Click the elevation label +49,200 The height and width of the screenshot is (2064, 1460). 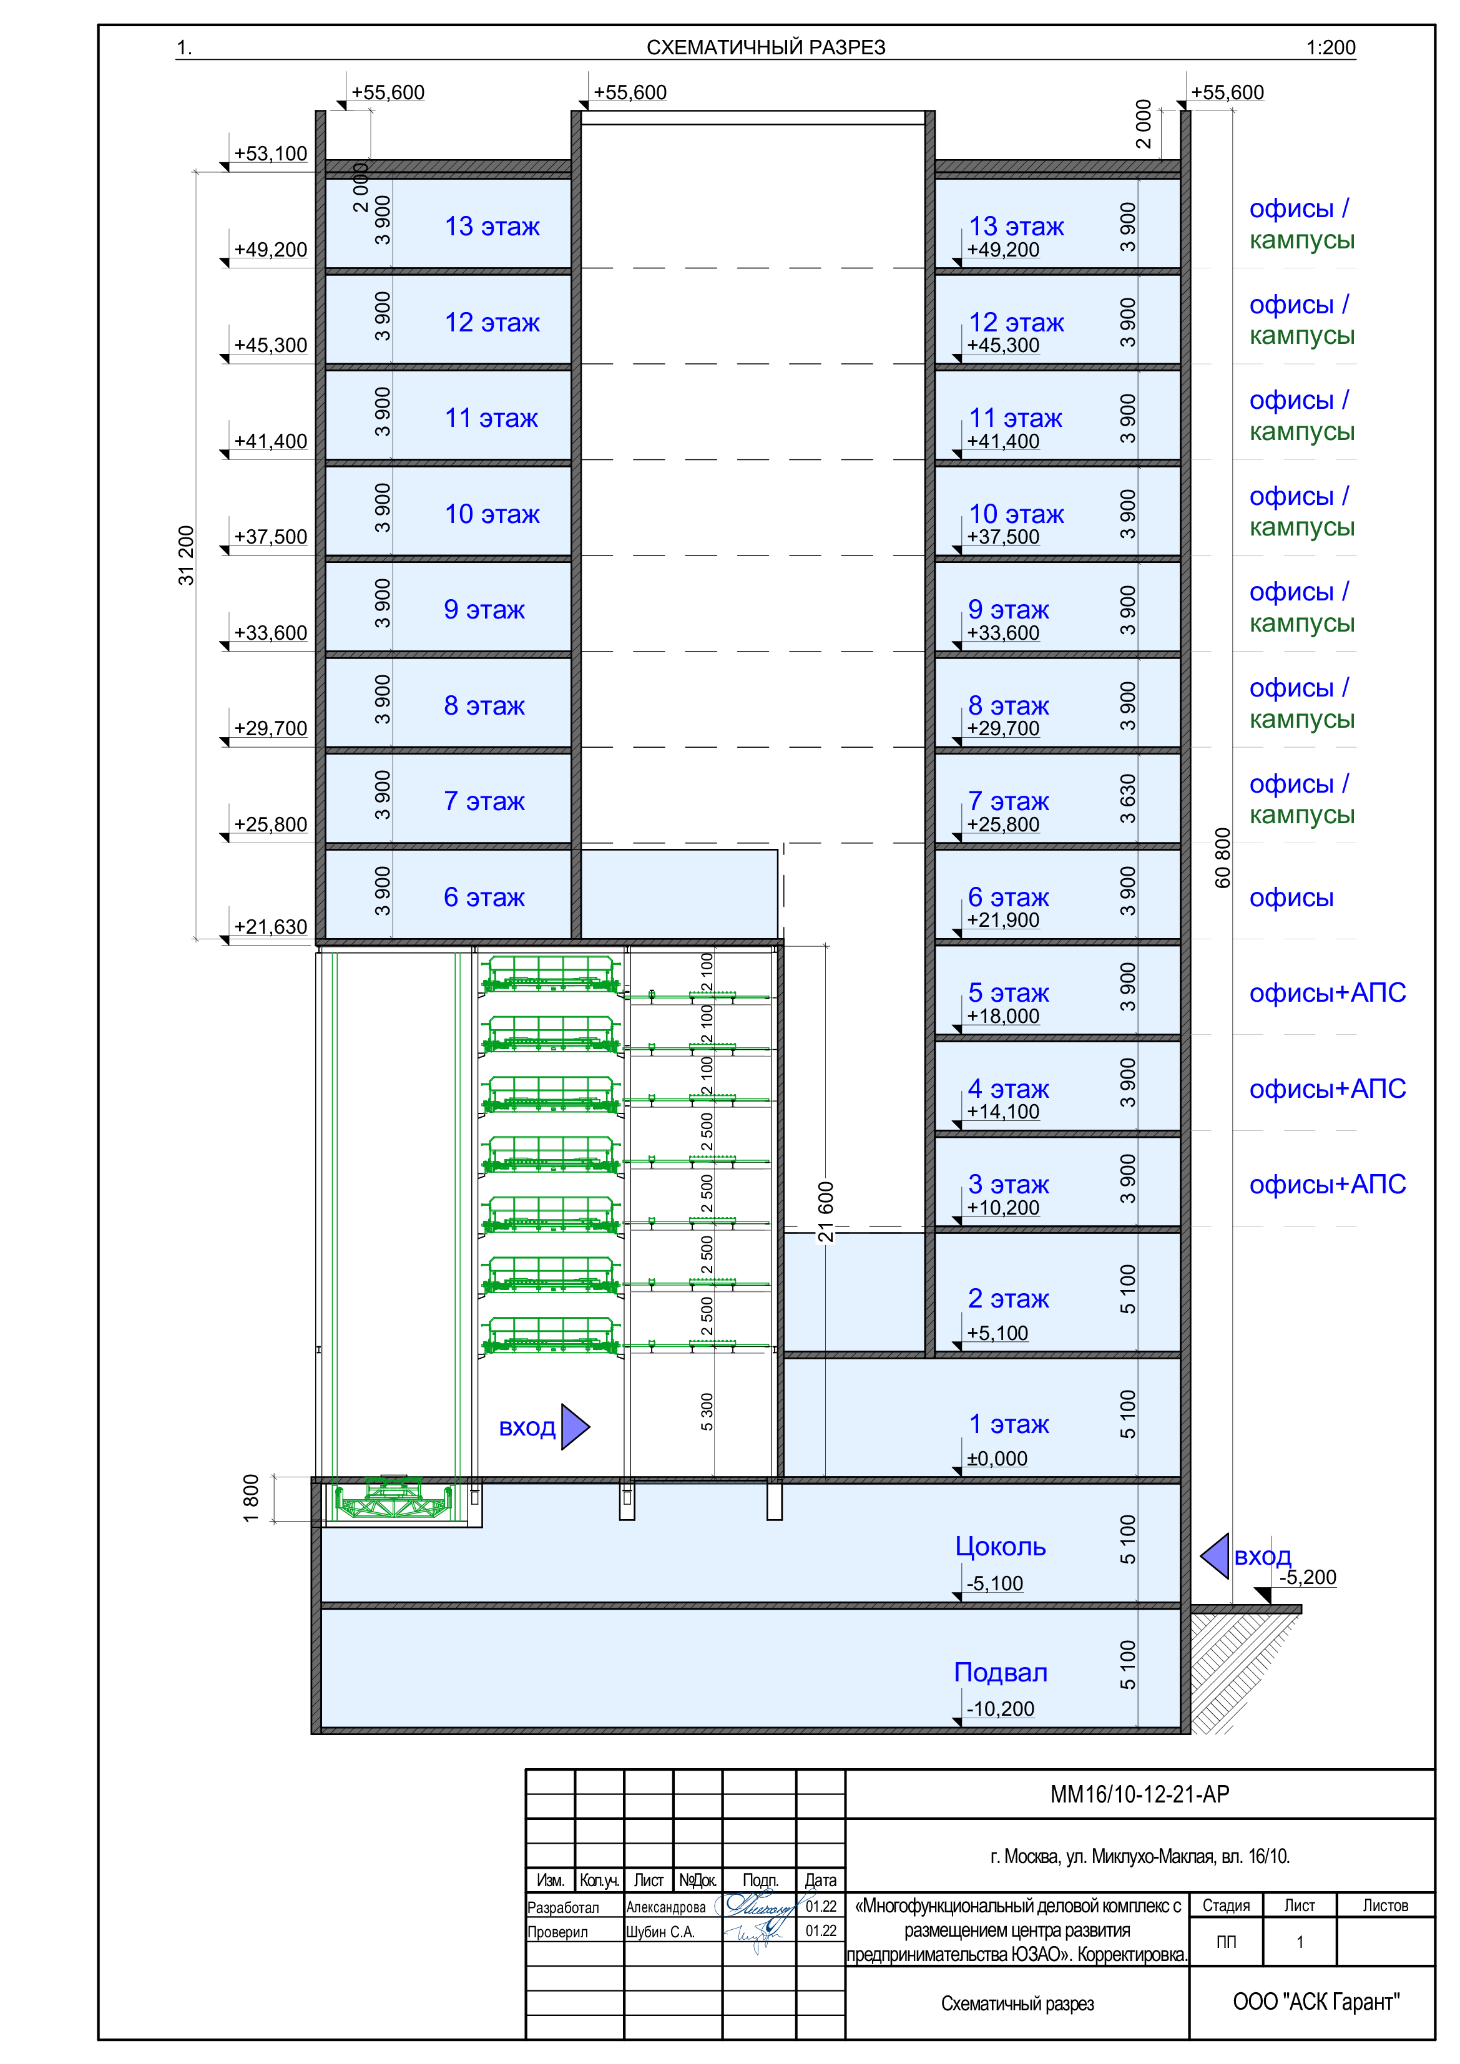[1002, 250]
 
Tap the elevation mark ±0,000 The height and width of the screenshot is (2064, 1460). [996, 1458]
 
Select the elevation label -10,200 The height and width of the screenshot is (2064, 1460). [1000, 1709]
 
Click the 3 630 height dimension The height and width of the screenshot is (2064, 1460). [1127, 798]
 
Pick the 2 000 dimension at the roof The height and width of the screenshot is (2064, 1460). [361, 187]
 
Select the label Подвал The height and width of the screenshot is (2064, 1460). [1000, 1672]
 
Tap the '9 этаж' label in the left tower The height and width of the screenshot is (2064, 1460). [484, 610]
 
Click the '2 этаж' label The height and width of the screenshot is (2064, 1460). [1008, 1298]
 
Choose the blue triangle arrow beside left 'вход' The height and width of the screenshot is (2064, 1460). [574, 1427]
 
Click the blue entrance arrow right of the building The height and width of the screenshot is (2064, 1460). [1215, 1556]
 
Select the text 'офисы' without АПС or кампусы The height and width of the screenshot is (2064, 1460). [1291, 897]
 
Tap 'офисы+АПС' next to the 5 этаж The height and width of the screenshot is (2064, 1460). [1327, 992]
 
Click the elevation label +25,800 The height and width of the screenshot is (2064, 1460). [1002, 824]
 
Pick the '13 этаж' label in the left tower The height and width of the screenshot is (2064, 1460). [492, 227]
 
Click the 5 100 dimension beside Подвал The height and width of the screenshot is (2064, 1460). [1127, 1665]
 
